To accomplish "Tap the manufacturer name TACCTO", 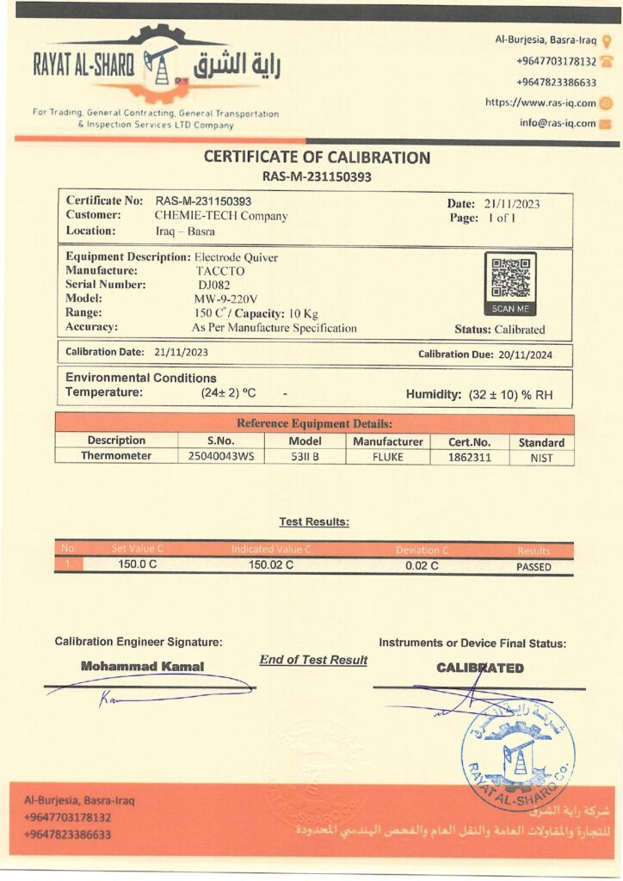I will pos(219,270).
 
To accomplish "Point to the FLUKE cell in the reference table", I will pos(387,457).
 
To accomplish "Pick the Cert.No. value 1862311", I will pos(470,457).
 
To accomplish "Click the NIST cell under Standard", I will pos(541,458).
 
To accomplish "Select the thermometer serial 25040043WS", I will pos(221,457).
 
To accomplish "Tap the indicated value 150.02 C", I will pos(271,565).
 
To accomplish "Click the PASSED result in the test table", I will pos(534,567).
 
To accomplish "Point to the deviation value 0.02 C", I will pos(422,565).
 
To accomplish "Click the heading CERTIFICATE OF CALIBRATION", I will pos(317,157).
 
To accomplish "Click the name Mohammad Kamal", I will pos(143,666).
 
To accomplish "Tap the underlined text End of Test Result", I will pos(313,660).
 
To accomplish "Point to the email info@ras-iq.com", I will pos(558,123).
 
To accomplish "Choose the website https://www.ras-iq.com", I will pos(540,102).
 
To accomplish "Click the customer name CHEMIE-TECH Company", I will pos(221,216).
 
